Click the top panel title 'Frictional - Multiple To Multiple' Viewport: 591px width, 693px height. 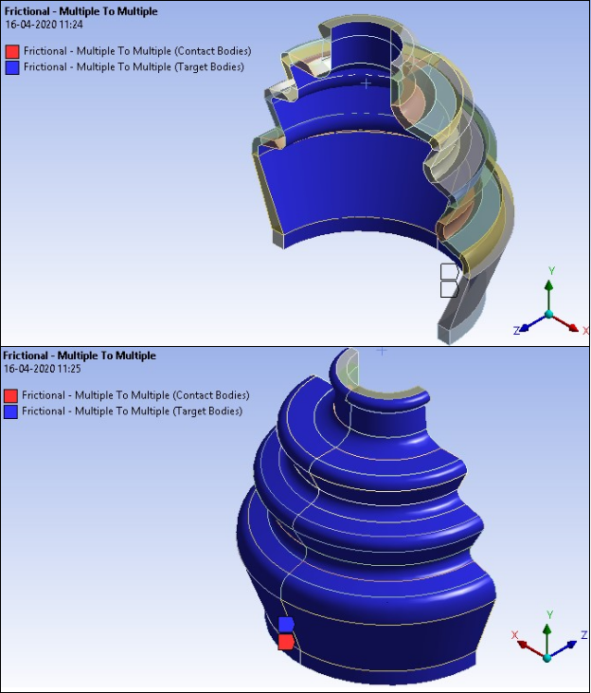(81, 11)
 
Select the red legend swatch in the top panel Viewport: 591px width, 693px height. (12, 52)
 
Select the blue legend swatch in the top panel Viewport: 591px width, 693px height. (12, 67)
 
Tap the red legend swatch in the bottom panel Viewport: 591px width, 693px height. (11, 395)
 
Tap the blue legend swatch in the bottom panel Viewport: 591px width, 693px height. (11, 411)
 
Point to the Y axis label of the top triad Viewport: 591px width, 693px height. (551, 271)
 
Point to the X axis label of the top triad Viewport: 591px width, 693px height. (585, 331)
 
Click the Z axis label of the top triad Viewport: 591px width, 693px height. (516, 331)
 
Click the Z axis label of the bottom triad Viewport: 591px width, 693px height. (583, 634)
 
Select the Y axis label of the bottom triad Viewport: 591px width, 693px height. (549, 615)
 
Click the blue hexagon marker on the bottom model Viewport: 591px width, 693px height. (286, 624)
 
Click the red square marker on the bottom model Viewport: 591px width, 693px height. (285, 642)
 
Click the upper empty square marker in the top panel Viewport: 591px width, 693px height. (449, 272)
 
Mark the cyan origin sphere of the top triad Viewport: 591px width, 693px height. (549, 315)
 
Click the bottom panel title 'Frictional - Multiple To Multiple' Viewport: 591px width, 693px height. (80, 356)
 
